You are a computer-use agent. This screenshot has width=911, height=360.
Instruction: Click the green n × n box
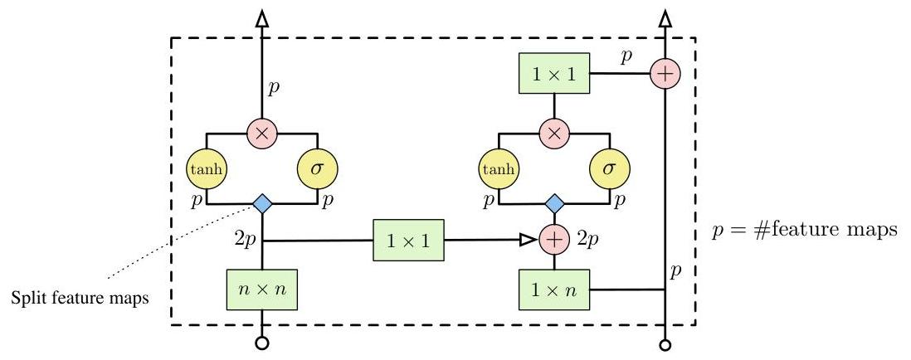tap(262, 289)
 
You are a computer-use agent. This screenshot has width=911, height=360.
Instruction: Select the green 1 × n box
tap(553, 289)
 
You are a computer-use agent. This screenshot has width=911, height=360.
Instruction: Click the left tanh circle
tap(207, 169)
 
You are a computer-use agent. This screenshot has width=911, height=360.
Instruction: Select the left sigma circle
tap(318, 169)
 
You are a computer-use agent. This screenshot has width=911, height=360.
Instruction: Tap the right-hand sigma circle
tap(609, 169)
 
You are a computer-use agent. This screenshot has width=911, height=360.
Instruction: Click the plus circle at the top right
tap(665, 72)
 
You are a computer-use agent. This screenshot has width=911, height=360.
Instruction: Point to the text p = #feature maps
tap(804, 230)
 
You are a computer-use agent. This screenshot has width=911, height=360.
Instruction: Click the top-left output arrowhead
tap(262, 18)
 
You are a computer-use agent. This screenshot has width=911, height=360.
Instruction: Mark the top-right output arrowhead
tap(665, 18)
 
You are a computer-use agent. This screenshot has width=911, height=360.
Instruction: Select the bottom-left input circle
tap(262, 343)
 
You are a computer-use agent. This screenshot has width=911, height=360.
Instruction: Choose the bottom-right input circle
tap(665, 343)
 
